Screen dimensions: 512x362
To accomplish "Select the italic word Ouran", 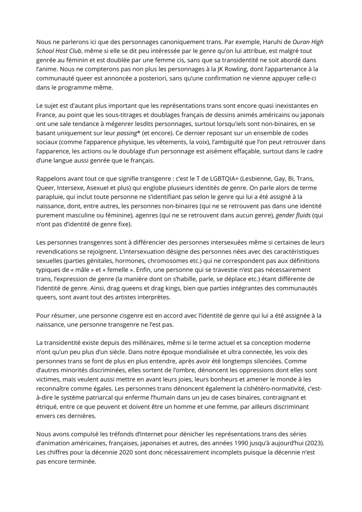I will (303, 41).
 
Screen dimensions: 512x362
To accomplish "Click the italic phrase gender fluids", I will (296, 214).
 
